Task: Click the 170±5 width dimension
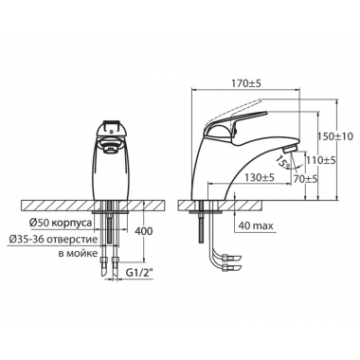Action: [x=247, y=84]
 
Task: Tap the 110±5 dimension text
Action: [x=320, y=160]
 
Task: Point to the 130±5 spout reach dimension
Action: [x=260, y=178]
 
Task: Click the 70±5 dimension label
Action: [x=305, y=179]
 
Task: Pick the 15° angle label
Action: [x=283, y=162]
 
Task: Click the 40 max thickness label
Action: [x=256, y=225]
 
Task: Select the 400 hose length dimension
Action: [x=144, y=231]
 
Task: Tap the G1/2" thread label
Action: [x=139, y=273]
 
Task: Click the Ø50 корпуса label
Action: [x=61, y=223]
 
